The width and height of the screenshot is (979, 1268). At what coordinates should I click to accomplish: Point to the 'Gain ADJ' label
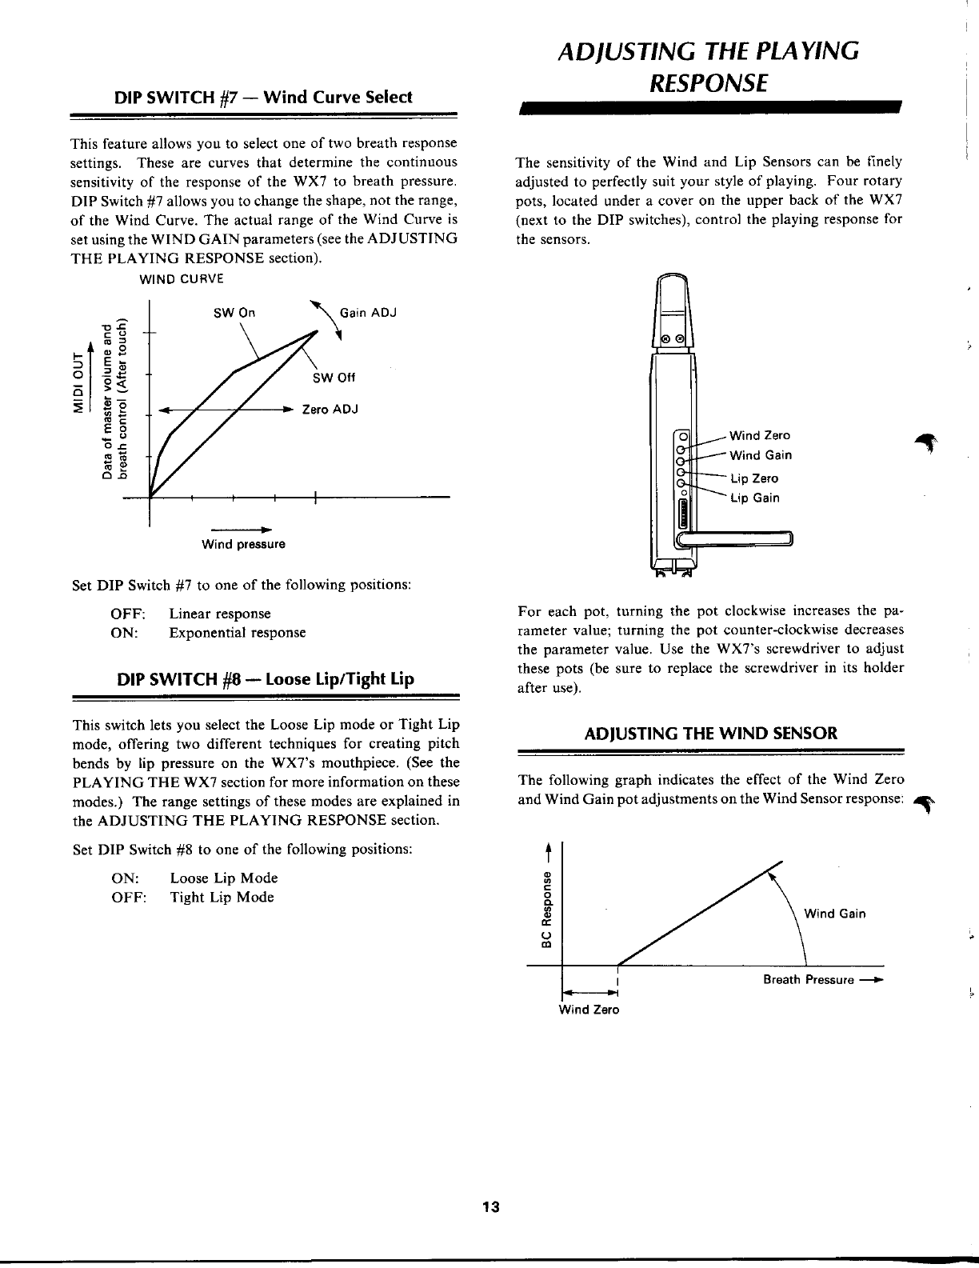368,312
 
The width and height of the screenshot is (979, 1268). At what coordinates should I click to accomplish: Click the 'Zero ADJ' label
329,410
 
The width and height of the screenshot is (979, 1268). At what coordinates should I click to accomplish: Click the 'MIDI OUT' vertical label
78,381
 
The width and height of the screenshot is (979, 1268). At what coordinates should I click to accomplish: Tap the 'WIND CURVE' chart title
182,279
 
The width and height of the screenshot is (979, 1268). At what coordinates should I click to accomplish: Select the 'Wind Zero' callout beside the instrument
759,435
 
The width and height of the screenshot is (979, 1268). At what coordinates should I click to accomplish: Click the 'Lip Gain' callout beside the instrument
754,498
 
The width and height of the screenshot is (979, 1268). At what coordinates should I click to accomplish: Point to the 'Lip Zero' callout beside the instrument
754,478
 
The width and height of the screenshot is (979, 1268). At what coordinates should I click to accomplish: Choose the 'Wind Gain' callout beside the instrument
760,455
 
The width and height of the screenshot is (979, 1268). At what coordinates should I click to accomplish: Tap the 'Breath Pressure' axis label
808,980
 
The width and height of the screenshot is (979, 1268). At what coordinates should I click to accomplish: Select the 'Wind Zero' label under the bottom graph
589,1010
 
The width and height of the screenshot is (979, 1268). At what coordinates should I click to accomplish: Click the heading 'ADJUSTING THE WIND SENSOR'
711,733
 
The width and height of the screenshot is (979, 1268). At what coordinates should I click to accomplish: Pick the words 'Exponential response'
237,633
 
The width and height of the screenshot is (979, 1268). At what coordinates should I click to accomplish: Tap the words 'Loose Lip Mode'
224,878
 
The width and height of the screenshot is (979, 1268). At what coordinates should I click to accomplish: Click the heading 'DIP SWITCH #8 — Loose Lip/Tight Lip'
266,679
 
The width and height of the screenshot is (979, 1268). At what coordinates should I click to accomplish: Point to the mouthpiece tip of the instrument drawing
674,282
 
